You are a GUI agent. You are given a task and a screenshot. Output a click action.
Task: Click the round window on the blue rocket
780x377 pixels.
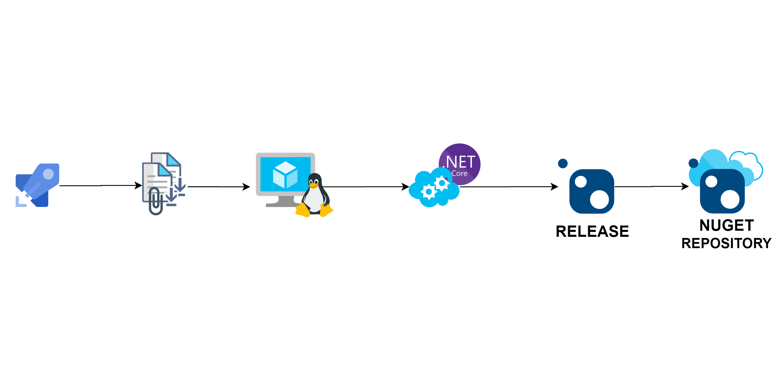[48, 174]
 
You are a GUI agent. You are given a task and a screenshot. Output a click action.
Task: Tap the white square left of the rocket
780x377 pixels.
[8, 183]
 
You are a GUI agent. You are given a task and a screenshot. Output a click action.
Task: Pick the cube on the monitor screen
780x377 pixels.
[285, 175]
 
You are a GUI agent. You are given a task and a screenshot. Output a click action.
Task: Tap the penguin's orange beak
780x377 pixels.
[314, 185]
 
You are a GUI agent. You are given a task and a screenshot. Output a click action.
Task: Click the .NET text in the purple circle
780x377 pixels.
[460, 162]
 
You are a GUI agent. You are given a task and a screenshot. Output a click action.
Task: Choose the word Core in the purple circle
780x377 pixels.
[459, 174]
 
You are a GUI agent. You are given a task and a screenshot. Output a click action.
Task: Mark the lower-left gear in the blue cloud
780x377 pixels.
[429, 192]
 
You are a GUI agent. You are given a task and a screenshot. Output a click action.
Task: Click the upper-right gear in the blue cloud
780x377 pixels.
[442, 183]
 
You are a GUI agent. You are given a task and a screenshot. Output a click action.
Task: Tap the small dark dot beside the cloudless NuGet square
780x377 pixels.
[563, 163]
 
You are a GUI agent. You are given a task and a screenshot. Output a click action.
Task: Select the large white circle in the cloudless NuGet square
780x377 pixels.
[599, 200]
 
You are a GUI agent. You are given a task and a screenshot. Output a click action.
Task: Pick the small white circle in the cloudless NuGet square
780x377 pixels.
[581, 182]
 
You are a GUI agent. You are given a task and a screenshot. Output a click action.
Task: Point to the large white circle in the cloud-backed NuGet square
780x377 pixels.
[730, 200]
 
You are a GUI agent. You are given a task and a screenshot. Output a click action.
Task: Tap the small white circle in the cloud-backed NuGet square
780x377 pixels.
[711, 182]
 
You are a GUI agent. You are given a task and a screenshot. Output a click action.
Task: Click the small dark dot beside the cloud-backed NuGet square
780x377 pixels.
[694, 163]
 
